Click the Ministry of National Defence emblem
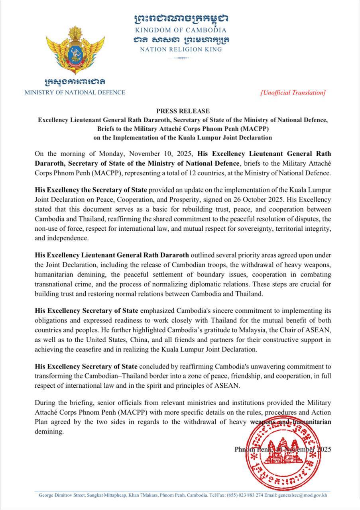[x=75, y=50]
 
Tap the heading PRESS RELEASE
[x=183, y=111]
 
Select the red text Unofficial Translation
[x=293, y=92]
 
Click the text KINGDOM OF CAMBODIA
[x=181, y=30]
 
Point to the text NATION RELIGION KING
[x=181, y=49]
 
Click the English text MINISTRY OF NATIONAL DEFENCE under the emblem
[x=75, y=92]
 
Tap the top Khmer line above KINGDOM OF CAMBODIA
[x=181, y=19]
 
